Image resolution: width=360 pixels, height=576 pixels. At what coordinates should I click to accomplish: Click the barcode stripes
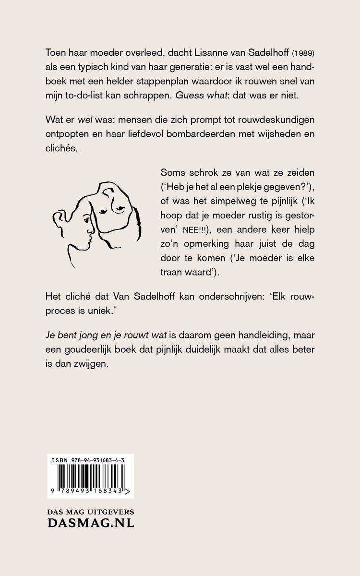coord(89,481)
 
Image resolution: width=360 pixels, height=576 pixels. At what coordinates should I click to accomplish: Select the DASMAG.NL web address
coord(91,523)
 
